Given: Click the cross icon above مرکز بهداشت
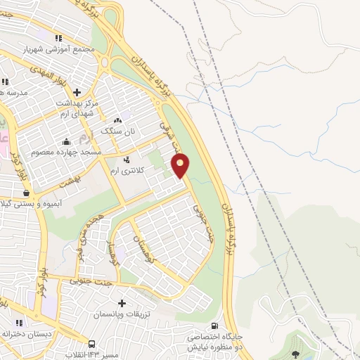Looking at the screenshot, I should tap(77, 91).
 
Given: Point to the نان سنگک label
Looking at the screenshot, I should tap(117, 131).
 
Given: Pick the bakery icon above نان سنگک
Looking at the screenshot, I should tap(117, 120).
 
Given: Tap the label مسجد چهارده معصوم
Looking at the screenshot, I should tap(67, 151).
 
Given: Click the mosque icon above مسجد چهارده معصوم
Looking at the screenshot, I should tap(67, 141).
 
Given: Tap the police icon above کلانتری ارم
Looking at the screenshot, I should tap(127, 159).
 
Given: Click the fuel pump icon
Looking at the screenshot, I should tap(214, 326).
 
